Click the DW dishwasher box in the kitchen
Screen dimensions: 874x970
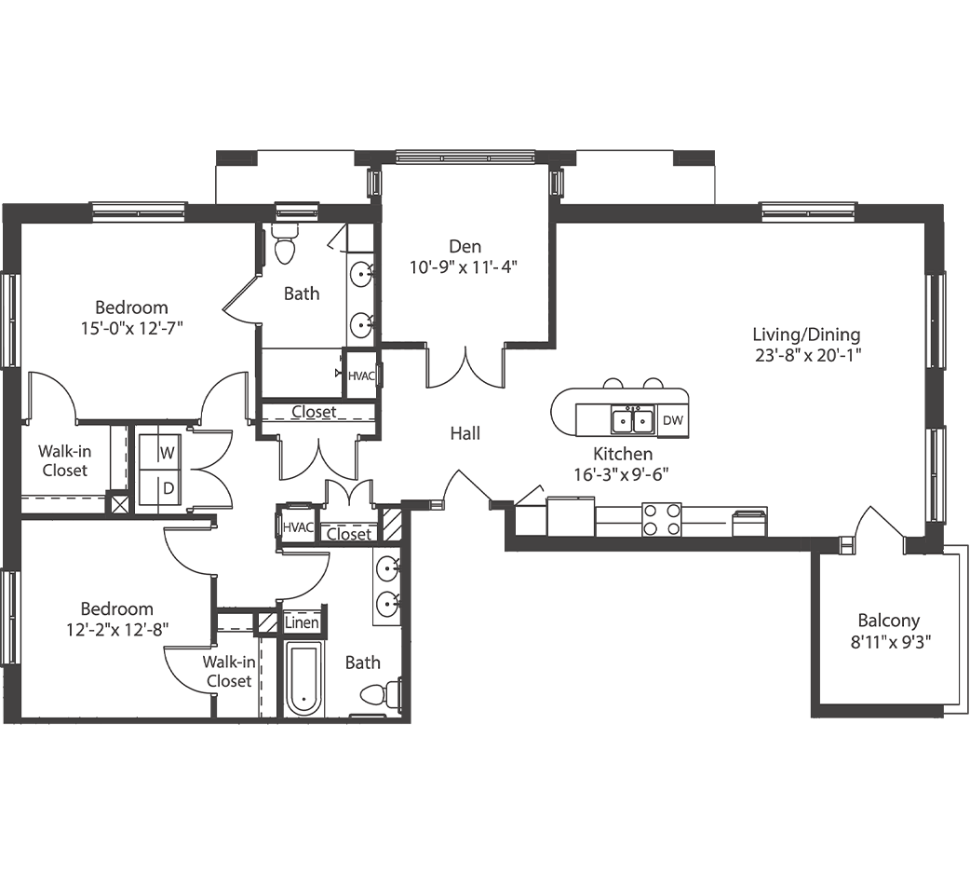click(x=672, y=421)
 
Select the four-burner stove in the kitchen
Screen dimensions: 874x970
click(x=661, y=519)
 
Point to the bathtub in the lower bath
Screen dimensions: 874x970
click(x=303, y=677)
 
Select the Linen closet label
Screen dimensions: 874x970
click(x=302, y=622)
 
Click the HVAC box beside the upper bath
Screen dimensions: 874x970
click(x=360, y=376)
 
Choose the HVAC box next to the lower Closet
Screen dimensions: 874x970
click(x=299, y=527)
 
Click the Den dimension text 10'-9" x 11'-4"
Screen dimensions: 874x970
click(x=463, y=267)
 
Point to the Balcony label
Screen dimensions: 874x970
click(x=888, y=621)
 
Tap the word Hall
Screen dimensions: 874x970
click(x=465, y=433)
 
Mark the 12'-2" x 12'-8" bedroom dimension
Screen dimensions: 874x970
click(x=117, y=629)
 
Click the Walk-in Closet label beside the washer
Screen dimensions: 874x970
click(x=63, y=461)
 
